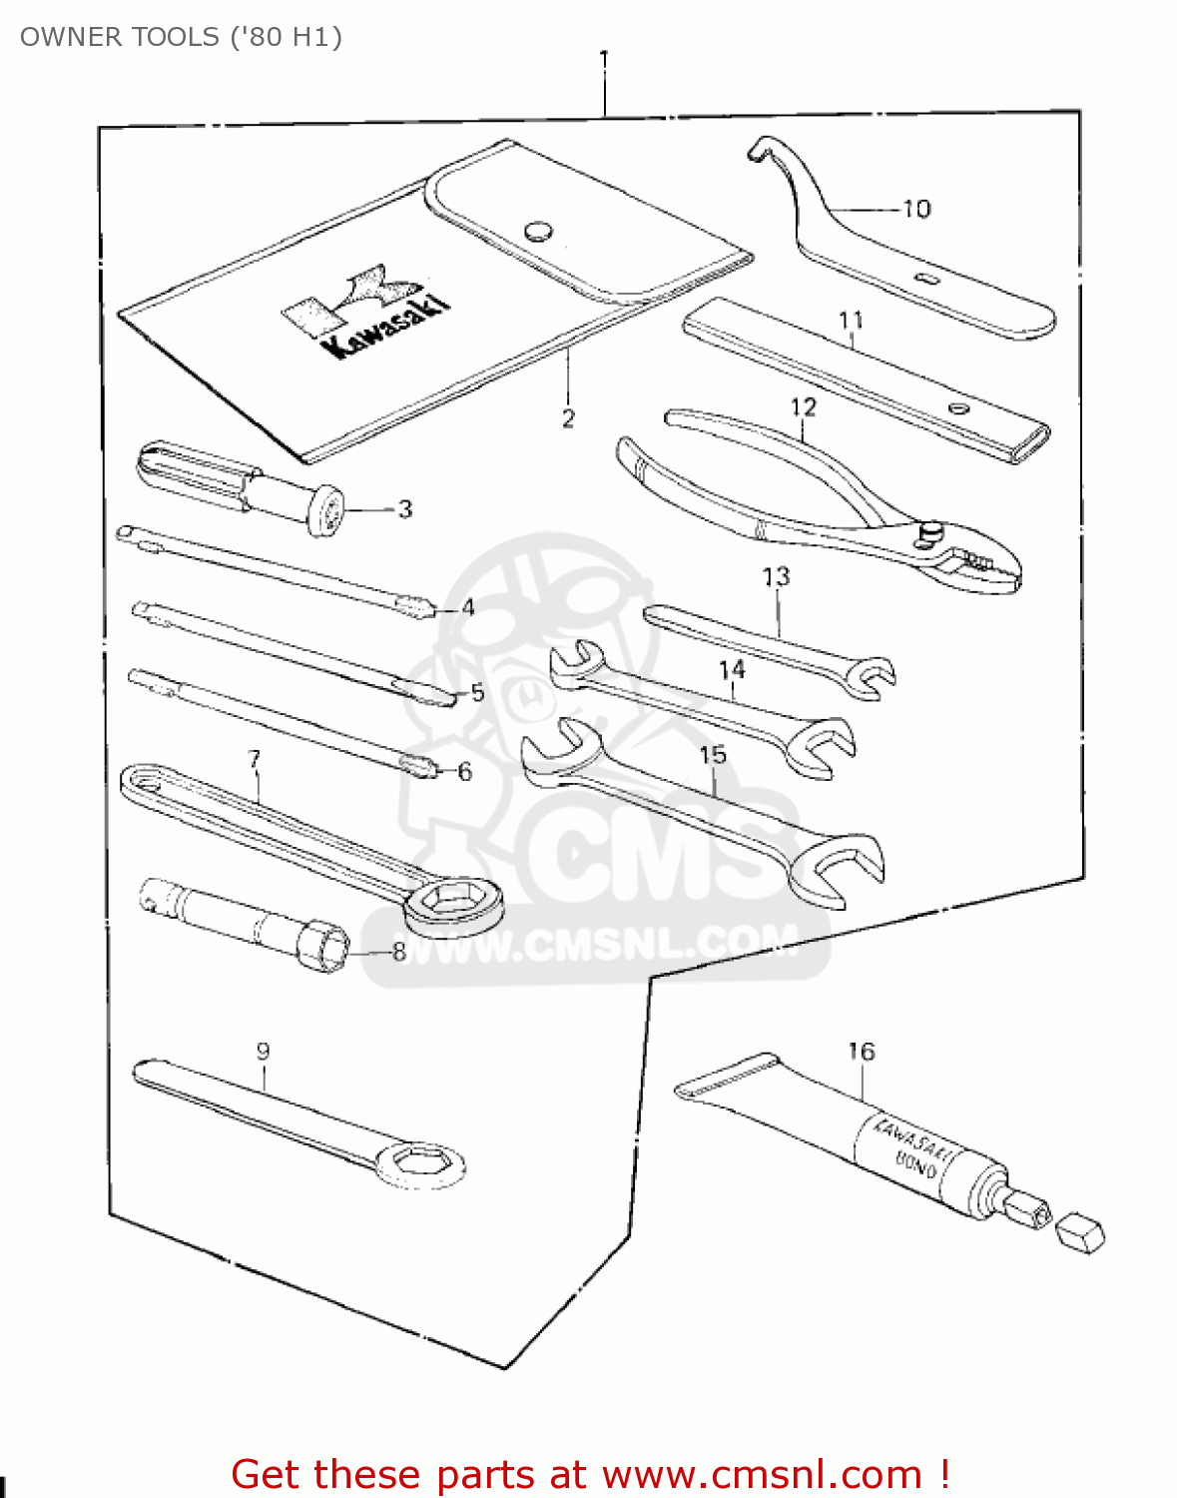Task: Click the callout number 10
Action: tap(915, 209)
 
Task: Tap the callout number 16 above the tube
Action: tap(861, 1052)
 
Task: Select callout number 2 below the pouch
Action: tap(568, 418)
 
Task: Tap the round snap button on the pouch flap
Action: tap(538, 231)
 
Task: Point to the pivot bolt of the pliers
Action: tap(930, 532)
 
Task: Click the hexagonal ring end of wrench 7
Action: tap(452, 902)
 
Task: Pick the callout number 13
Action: tap(776, 577)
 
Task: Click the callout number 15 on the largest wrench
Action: tap(713, 755)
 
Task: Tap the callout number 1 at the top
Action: tap(603, 59)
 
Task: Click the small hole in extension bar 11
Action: tap(958, 407)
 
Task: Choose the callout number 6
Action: tap(464, 772)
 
